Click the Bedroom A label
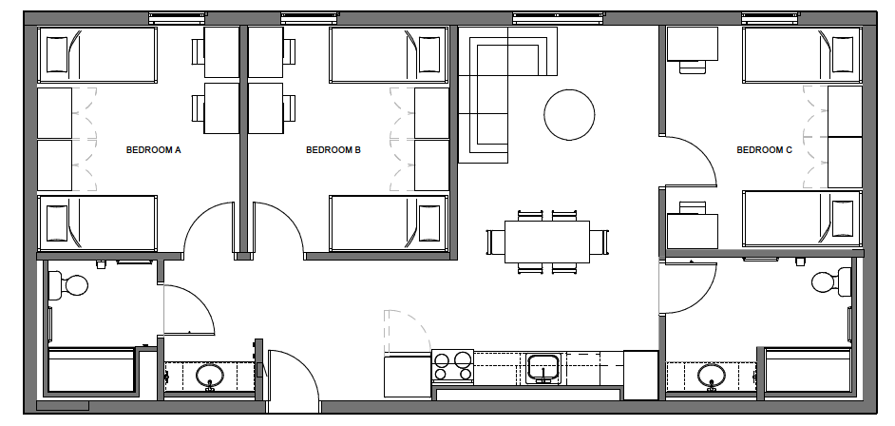pos(154,150)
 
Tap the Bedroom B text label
pos(333,150)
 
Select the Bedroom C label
pos(764,150)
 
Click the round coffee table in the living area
pos(569,115)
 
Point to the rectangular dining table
pos(547,242)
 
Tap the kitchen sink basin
pos(543,368)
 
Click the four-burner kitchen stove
pos(452,367)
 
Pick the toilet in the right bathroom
pos(831,281)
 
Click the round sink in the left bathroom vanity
pos(210,377)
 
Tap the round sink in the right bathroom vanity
pos(712,377)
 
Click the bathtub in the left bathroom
pos(91,370)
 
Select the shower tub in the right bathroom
pos(808,370)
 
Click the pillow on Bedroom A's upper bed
pos(57,55)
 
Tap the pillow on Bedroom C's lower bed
pos(843,219)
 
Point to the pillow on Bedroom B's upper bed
pos(429,55)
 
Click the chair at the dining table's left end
pos(495,242)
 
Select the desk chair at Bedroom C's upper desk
pos(693,67)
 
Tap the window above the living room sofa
pos(559,18)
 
